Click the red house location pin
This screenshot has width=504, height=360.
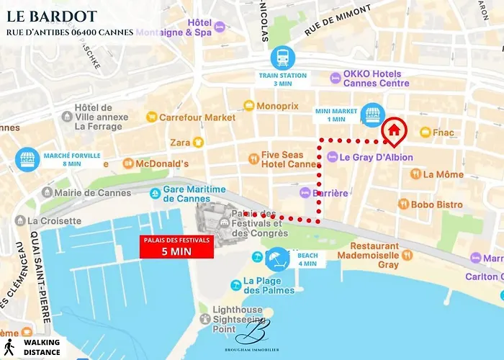[x=394, y=130]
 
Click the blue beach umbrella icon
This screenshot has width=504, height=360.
[x=277, y=257]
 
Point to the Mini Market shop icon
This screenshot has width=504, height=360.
[x=372, y=114]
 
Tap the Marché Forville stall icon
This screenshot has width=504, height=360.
[x=27, y=159]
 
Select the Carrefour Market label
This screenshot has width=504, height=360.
[x=197, y=117]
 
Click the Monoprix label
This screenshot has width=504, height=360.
[x=276, y=105]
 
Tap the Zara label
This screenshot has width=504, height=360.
[x=179, y=143]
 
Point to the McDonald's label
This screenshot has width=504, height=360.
[x=163, y=163]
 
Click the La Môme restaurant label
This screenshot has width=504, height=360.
[x=443, y=174]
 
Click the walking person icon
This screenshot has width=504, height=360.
[x=10, y=347]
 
